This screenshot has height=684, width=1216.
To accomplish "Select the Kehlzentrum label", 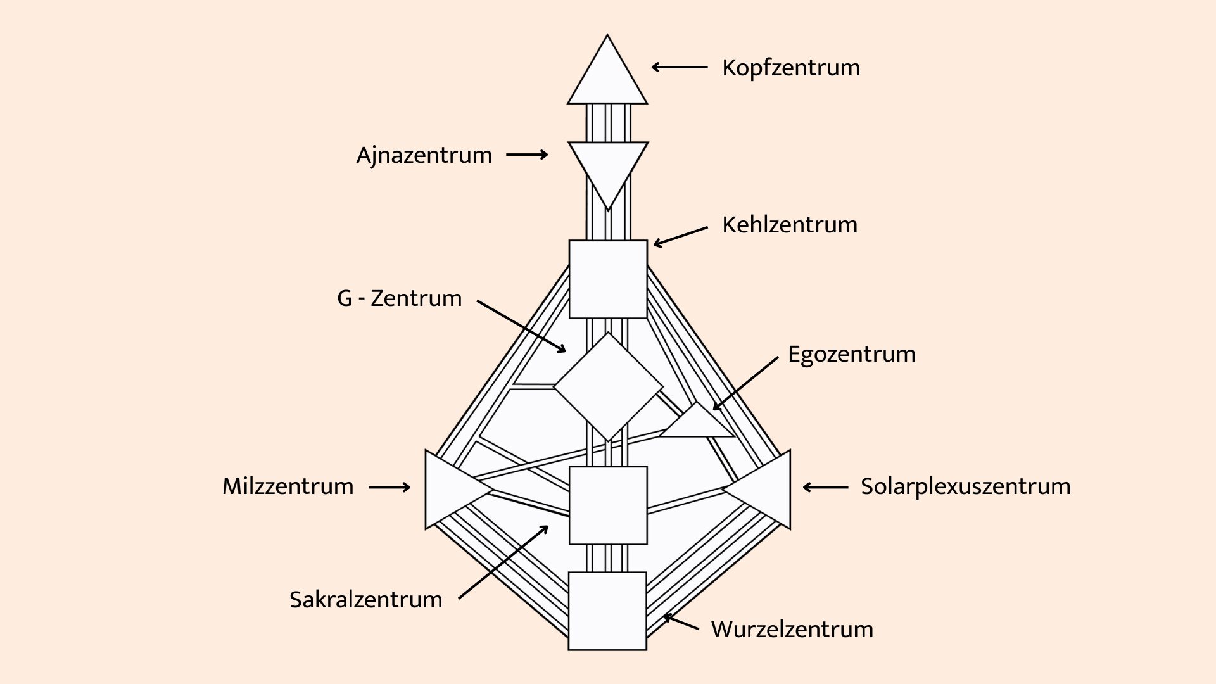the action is pos(790,225).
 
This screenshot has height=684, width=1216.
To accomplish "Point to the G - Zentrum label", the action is pos(400,298).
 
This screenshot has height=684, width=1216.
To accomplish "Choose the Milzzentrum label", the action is pos(288,486).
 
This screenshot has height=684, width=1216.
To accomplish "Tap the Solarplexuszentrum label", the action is pos(966,487).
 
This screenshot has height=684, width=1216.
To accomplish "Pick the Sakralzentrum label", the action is pos(366,600).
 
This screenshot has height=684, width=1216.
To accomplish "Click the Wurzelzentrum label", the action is pos(792,630).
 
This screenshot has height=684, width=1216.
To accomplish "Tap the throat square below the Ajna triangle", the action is pos(608,279).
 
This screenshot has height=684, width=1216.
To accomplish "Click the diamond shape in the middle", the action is pos(608,387).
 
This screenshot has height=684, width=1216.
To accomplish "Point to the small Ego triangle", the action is pos(697,424).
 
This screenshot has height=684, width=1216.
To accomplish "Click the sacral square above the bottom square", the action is pos(608,505).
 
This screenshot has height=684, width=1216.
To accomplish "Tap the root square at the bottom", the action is pos(607,611).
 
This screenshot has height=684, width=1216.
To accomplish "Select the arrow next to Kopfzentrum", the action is pos(680,67).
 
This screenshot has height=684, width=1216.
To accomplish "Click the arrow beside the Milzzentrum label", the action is pos(389,487).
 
